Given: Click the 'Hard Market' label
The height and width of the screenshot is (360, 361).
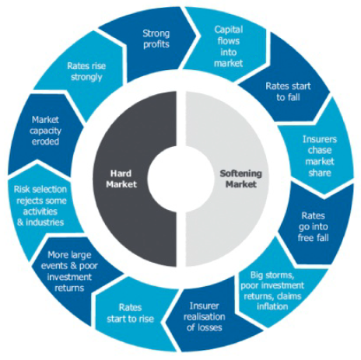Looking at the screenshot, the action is click(121, 179).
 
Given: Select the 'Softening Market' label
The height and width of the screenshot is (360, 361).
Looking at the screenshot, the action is click(241, 179).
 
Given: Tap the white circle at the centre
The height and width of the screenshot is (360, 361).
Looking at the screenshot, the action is click(180, 178).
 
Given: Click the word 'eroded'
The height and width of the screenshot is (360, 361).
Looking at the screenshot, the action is click(45, 142).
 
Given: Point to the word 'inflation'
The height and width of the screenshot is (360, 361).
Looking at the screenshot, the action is click(272, 306).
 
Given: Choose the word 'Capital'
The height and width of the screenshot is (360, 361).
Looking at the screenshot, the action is click(229, 30).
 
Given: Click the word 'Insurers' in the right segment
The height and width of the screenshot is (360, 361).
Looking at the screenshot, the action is click(320, 139).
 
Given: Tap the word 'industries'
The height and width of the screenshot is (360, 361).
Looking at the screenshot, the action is click(44, 222).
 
